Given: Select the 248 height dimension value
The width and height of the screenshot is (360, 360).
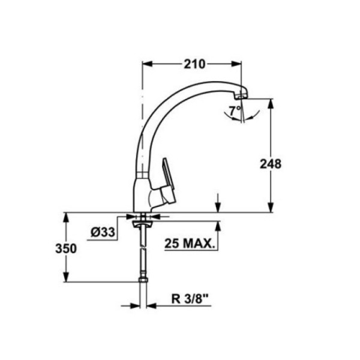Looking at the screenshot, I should coord(271,163).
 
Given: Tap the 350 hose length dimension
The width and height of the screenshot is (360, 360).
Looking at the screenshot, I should coord(68,248).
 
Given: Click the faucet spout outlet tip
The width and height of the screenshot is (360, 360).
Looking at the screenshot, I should coord(242,94).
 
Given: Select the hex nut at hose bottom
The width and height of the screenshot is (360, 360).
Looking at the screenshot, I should coord(143,281).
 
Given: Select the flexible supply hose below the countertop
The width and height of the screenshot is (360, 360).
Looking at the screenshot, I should coord(143,252).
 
